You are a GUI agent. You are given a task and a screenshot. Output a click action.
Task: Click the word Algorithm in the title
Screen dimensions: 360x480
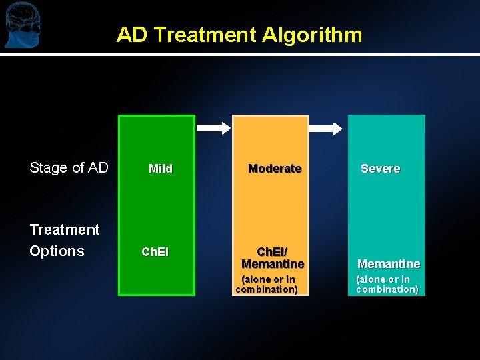312,35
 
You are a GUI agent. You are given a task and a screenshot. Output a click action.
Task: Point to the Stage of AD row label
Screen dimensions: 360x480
69,168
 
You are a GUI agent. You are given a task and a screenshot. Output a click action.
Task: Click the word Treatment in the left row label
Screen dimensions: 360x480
65,230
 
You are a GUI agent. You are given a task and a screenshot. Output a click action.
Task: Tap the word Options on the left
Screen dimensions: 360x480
57,251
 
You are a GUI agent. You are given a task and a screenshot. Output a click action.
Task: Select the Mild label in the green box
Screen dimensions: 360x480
160,169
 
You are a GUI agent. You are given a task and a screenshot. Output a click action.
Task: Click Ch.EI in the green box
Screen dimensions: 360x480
155,253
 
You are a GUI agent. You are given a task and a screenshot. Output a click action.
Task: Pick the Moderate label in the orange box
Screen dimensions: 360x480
275,169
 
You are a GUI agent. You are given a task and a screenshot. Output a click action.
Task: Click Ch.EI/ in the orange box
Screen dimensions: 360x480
273,253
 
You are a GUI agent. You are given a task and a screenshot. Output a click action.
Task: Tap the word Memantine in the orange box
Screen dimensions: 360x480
273,264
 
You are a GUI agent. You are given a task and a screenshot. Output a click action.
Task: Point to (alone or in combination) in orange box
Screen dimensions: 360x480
267,285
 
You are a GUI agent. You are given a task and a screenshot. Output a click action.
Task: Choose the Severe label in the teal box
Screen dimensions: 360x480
380,169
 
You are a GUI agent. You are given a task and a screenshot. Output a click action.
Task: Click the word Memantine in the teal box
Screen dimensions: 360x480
389,264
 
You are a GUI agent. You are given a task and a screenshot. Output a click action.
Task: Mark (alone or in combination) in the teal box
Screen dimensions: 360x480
387,285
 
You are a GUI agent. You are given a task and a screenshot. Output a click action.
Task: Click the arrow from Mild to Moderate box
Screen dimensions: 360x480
216,128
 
